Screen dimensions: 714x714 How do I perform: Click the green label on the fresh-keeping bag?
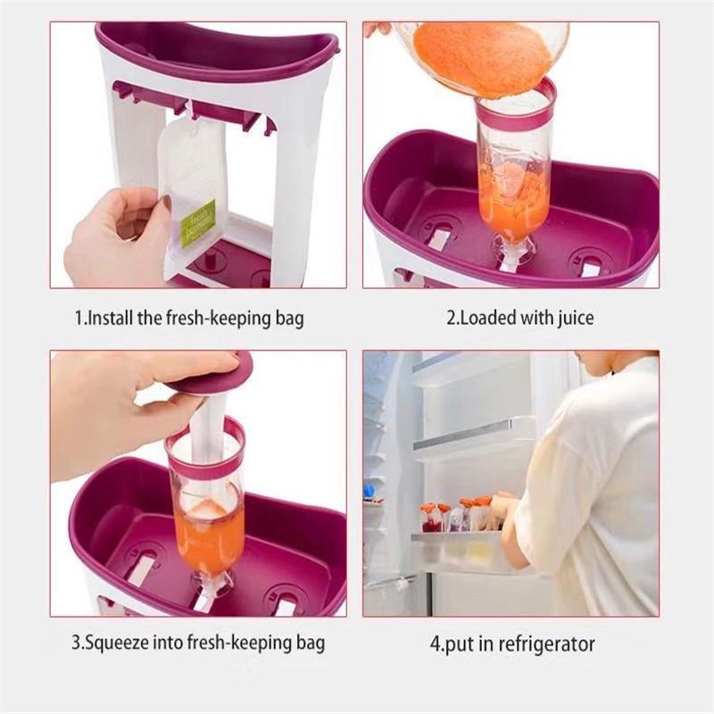tap(198, 223)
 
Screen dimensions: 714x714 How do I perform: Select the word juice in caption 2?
tap(573, 317)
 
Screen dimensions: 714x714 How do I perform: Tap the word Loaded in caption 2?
tap(486, 317)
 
